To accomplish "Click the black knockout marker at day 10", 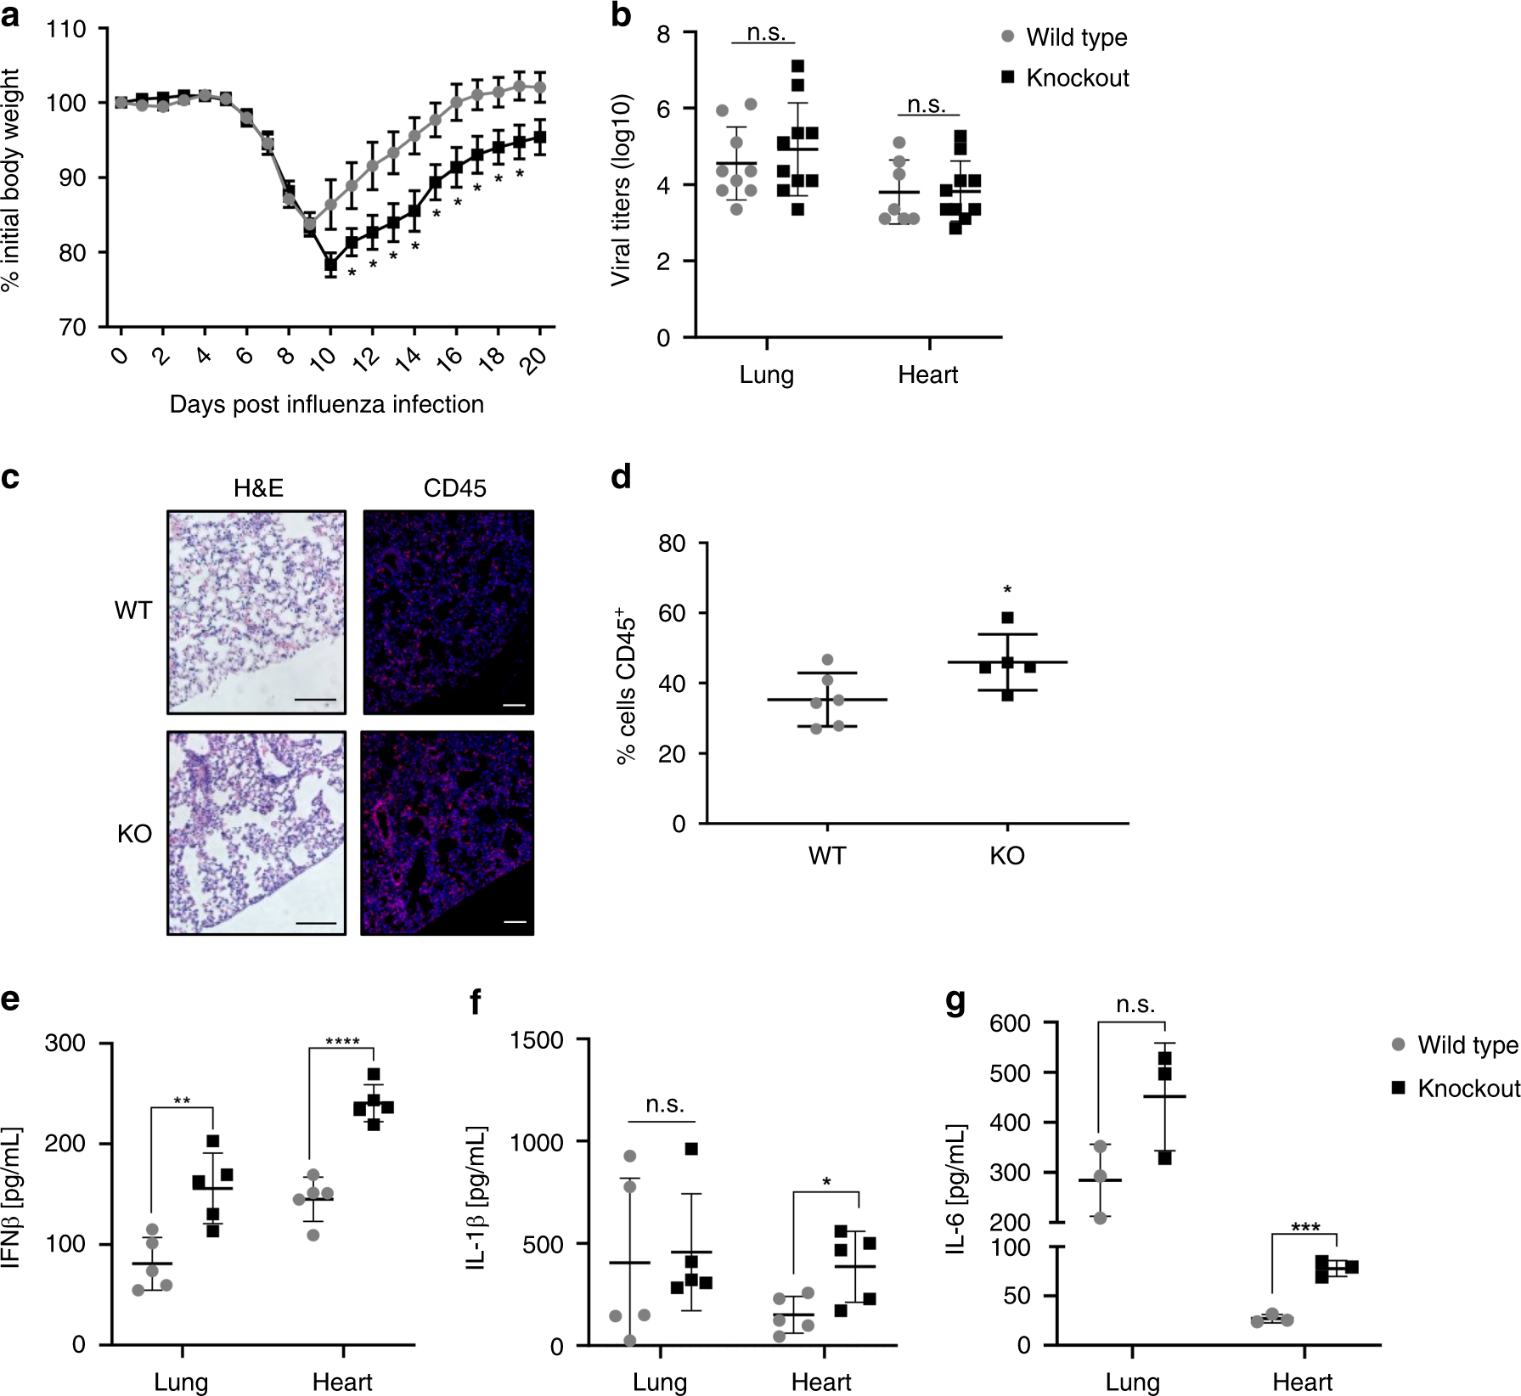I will pyautogui.click(x=330, y=264).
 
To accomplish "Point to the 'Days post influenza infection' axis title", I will pyautogui.click(x=326, y=404).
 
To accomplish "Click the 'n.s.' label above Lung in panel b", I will pyautogui.click(x=766, y=32).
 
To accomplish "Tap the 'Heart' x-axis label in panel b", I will pyautogui.click(x=927, y=374).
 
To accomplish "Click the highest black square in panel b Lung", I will pyautogui.click(x=797, y=66).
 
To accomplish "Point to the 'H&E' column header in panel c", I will pyautogui.click(x=258, y=488).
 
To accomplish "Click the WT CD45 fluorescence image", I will pyautogui.click(x=448, y=611).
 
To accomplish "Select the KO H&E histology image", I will pyautogui.click(x=256, y=832).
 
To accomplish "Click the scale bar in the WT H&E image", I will pyautogui.click(x=317, y=701).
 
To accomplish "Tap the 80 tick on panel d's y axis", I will pyautogui.click(x=672, y=543).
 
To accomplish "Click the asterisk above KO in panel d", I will pyautogui.click(x=1007, y=590).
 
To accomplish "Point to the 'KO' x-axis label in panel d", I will pyautogui.click(x=1007, y=855).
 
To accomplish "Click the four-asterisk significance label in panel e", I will pyautogui.click(x=342, y=1042).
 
